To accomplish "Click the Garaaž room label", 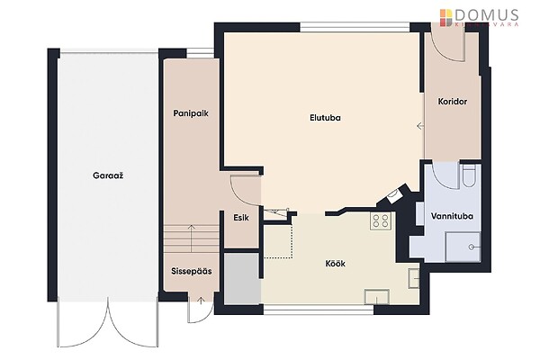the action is pyautogui.click(x=108, y=175).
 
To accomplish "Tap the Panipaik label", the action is pyautogui.click(x=191, y=113).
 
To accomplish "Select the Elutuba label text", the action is pyautogui.click(x=325, y=118).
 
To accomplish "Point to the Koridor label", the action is pyautogui.click(x=453, y=102).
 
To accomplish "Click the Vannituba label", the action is pyautogui.click(x=452, y=216).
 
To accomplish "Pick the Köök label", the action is pyautogui.click(x=335, y=264).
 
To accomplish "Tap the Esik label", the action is pyautogui.click(x=241, y=218).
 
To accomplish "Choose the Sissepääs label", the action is pyautogui.click(x=192, y=271).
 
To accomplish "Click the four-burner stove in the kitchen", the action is pyautogui.click(x=381, y=220).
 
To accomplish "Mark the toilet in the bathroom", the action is pyautogui.click(x=469, y=175).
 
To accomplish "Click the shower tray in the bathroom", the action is pyautogui.click(x=463, y=247).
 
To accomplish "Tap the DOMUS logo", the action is pyautogui.click(x=479, y=18).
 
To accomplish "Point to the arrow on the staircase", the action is pyautogui.click(x=191, y=238).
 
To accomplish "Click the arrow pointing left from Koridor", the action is pyautogui.click(x=420, y=126).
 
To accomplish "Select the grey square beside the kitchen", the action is pyautogui.click(x=242, y=279).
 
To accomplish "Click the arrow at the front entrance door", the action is pyautogui.click(x=201, y=301).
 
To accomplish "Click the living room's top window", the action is pyautogui.click(x=355, y=27).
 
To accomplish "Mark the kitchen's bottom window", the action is pyautogui.click(x=319, y=310).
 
